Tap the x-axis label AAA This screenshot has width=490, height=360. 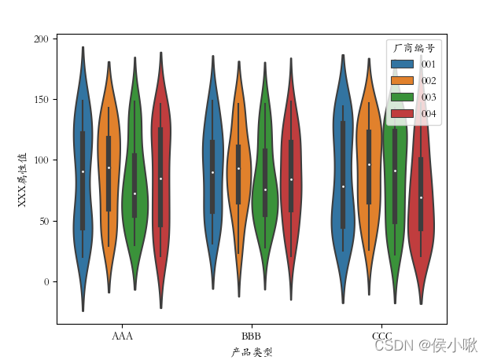point(122,336)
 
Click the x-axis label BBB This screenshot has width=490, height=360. point(252,336)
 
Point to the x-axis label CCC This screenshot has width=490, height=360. point(382,336)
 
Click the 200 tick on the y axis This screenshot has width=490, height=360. point(41,39)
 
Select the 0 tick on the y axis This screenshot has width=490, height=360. point(46,281)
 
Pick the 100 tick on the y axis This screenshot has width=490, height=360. point(41,160)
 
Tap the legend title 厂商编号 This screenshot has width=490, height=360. point(414,48)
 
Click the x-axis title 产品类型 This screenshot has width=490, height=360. point(252,352)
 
